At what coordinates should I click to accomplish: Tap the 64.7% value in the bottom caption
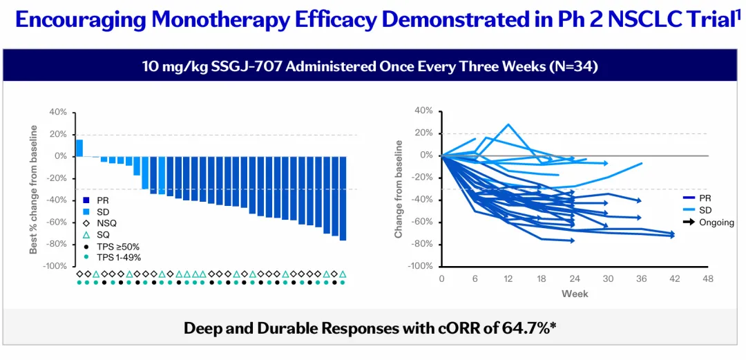pyautogui.click(x=523, y=328)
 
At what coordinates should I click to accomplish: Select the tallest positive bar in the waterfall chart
pyautogui.click(x=79, y=148)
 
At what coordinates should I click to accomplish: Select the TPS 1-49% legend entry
pyautogui.click(x=111, y=257)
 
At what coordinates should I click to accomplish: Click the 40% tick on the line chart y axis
pyautogui.click(x=424, y=111)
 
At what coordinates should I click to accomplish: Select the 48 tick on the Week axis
pyautogui.click(x=707, y=278)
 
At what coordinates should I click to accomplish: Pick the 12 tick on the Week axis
pyautogui.click(x=508, y=278)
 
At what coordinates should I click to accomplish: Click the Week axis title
pyautogui.click(x=574, y=293)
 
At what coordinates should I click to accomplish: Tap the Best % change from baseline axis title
pyautogui.click(x=34, y=189)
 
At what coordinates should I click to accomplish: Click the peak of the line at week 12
pyautogui.click(x=508, y=125)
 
